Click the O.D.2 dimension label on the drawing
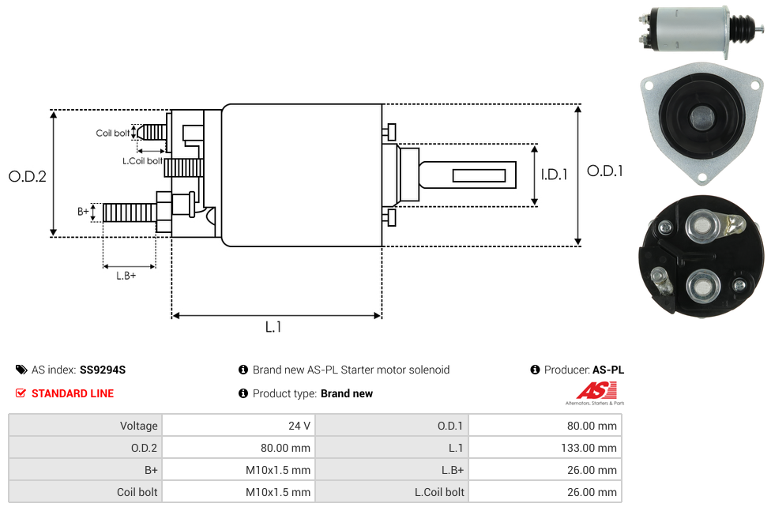pos(28,176)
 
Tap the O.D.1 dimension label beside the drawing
pos(605,171)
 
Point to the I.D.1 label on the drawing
pos(554,175)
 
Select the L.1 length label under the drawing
pos(273,327)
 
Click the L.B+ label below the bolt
pos(126,276)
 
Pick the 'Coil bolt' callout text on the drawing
pos(112,133)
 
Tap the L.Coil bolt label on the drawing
pos(142,161)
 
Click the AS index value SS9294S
pos(103,370)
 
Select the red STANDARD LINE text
pos(73,393)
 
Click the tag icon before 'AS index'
pos(21,370)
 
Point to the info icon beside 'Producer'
pos(535,370)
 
